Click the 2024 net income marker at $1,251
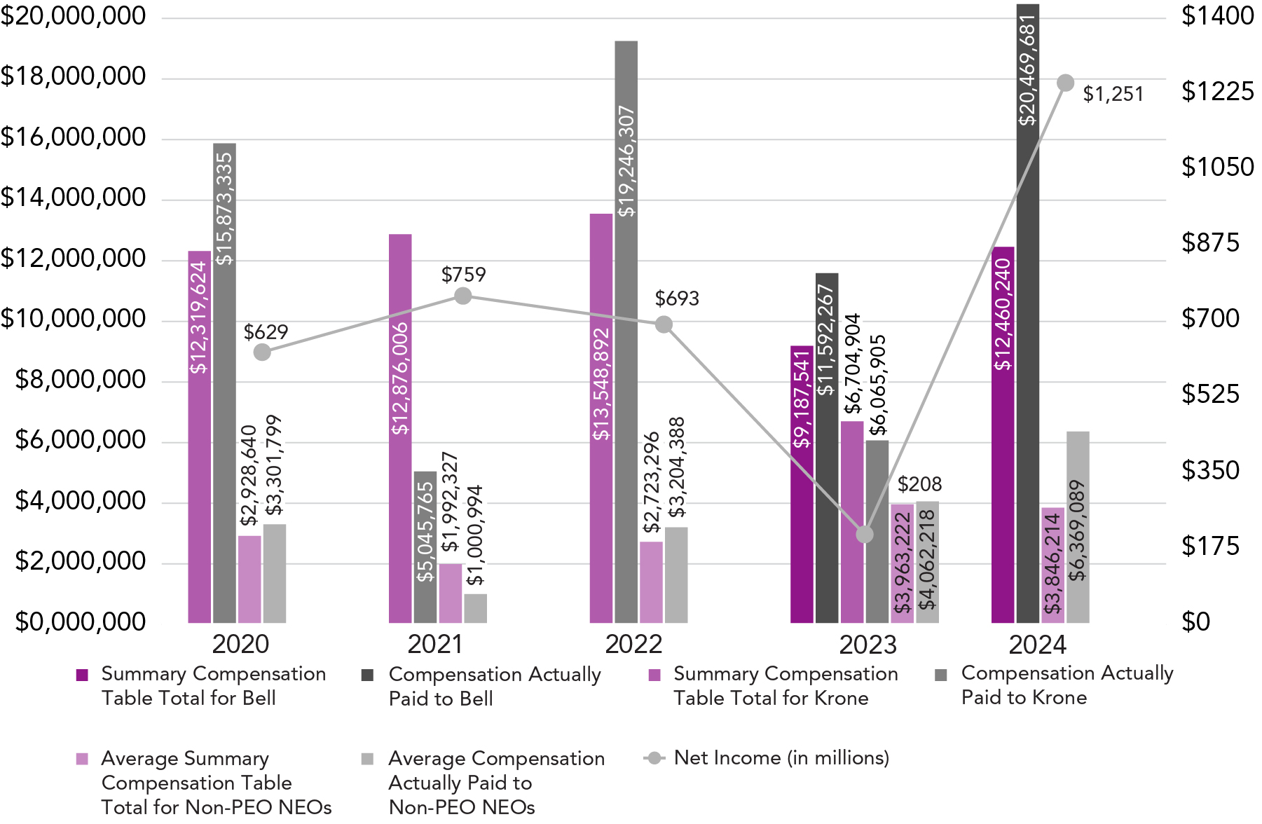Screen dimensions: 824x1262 pos(1065,83)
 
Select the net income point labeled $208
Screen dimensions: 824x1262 pos(865,535)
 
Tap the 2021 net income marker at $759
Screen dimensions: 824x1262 pos(462,296)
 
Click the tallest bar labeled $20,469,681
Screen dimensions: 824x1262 pos(1027,315)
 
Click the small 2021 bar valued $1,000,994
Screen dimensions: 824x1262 pos(475,608)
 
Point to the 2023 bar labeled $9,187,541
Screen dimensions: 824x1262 pos(802,483)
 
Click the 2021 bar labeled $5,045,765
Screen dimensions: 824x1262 pos(425,547)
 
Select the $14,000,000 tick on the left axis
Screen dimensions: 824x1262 pos(74,198)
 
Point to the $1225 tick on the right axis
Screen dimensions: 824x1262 pos(1217,92)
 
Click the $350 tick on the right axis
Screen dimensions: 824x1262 pos(1210,470)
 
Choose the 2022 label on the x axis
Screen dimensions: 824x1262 pos(633,645)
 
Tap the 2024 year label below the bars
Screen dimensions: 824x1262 pos(1037,645)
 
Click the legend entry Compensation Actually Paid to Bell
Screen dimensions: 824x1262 pos(494,686)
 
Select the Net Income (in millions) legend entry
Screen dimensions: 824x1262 pos(781,758)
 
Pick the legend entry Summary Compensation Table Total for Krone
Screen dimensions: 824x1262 pos(785,686)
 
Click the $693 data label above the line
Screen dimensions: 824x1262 pos(677,299)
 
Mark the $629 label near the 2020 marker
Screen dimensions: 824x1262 pos(266,332)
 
